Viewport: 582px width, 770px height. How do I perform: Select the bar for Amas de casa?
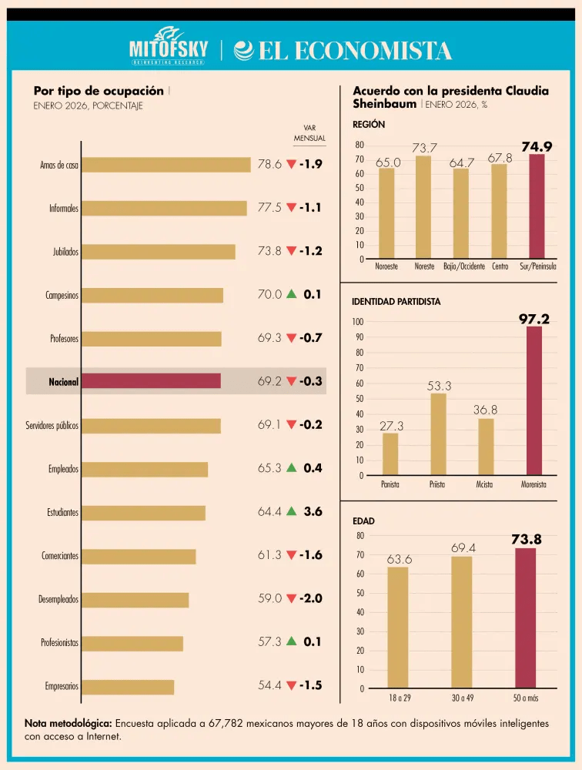point(166,165)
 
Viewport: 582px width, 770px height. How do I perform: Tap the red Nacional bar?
point(151,381)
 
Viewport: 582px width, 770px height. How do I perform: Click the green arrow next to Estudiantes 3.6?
point(291,511)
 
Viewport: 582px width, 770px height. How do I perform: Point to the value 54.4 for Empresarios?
point(269,685)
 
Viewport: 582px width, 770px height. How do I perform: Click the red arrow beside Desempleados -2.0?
point(291,598)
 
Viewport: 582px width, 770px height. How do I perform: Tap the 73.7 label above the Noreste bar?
point(424,148)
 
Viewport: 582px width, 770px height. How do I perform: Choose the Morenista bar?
point(534,400)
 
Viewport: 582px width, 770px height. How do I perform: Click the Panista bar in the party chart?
point(390,454)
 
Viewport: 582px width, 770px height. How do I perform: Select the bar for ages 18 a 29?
point(398,628)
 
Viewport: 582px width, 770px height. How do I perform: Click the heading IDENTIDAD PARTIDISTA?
point(396,302)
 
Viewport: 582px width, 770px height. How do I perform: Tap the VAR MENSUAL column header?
point(309,133)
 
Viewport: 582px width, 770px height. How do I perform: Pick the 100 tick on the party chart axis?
point(357,322)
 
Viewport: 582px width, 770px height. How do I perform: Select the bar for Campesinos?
point(152,295)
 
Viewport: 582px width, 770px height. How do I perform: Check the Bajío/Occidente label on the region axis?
point(464,266)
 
